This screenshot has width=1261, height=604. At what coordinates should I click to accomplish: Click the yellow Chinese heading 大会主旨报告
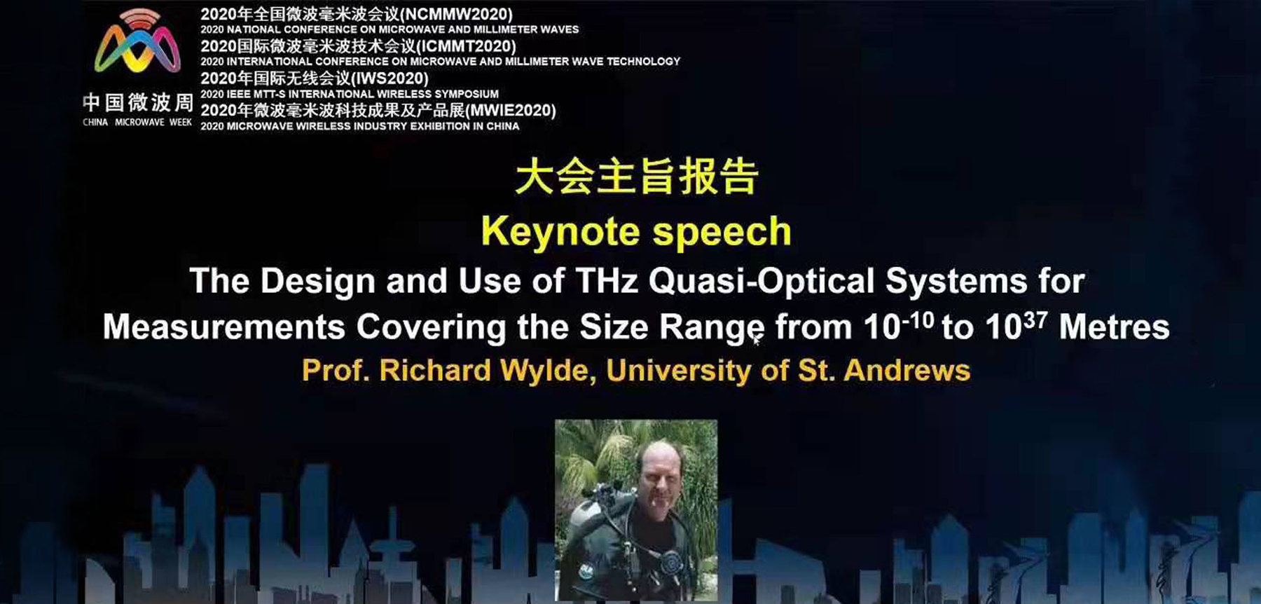coord(636,177)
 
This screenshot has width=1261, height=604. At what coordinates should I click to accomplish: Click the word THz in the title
coord(607,281)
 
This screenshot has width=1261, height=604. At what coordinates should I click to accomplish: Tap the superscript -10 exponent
coord(918,320)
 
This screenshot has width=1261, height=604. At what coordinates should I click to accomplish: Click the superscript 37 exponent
coord(1035,320)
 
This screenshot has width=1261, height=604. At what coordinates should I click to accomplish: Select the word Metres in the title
coord(1114,327)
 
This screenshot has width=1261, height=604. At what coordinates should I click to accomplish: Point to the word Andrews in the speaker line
coord(907,371)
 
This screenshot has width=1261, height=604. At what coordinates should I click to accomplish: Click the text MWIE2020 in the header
coord(511,111)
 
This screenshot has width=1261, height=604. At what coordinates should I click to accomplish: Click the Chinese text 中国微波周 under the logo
coord(138,102)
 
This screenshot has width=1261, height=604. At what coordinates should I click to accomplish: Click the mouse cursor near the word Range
coord(757,341)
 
